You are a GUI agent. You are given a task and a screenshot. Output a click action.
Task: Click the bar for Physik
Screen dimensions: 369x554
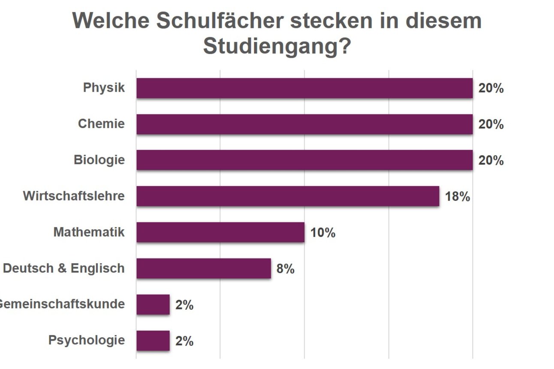(304, 88)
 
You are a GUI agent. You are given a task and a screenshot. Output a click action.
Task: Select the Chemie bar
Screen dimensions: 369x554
(304, 124)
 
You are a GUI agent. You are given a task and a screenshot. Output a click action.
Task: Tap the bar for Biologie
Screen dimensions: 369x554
(304, 160)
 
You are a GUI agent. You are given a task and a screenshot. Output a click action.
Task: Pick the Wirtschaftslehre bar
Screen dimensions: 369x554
(288, 196)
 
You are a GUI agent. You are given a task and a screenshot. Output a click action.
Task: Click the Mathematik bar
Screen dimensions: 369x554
(220, 232)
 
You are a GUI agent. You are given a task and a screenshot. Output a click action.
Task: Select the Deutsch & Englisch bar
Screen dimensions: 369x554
(204, 268)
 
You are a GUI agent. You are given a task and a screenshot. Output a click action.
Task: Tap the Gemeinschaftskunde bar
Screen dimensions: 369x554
(153, 305)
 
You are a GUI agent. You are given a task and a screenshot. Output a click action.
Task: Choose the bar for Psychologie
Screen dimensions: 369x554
(153, 341)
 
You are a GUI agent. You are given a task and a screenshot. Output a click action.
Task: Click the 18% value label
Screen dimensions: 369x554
(458, 197)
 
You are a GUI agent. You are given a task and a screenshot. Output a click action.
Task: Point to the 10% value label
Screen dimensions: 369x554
(323, 233)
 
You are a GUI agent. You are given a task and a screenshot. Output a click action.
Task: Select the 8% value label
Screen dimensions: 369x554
(286, 269)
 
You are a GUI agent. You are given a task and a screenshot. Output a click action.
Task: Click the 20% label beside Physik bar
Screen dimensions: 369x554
(491, 89)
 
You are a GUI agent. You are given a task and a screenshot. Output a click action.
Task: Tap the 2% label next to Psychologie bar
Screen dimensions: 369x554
(184, 342)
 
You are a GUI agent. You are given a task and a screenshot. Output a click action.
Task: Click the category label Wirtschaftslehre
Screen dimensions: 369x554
(74, 196)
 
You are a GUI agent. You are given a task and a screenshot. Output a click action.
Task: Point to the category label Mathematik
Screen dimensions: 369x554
(89, 232)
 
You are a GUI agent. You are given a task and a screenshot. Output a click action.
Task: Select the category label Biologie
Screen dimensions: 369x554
(99, 160)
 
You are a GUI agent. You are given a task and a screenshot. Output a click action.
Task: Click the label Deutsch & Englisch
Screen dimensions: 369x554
(64, 268)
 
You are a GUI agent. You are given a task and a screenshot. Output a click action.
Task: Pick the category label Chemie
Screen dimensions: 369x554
(101, 124)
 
